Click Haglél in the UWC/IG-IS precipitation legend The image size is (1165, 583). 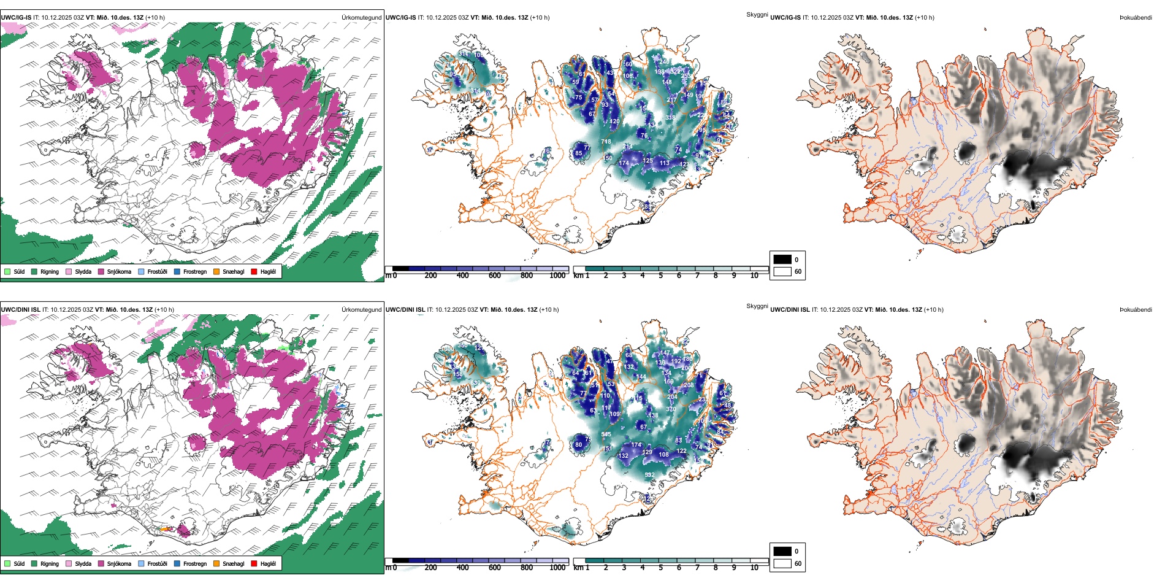268,271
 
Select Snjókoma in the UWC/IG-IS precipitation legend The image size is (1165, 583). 119,271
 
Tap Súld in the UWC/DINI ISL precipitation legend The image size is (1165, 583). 19,563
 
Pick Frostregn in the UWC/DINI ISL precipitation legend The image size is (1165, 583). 195,563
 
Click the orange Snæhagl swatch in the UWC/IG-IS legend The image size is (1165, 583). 216,271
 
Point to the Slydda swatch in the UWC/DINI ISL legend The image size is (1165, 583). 69,563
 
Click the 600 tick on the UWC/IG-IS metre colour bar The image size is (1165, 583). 494,276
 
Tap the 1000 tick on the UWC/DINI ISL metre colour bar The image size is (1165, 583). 557,568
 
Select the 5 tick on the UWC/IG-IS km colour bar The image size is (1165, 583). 660,276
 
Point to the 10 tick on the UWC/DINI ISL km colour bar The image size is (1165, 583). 754,568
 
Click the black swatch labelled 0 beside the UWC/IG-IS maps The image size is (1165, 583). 782,260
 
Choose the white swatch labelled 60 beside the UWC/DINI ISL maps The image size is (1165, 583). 782,563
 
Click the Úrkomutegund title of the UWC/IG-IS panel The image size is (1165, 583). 361,18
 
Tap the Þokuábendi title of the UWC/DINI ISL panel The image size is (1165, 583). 1136,310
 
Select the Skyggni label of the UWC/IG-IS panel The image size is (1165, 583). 757,14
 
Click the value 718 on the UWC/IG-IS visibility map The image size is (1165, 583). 606,142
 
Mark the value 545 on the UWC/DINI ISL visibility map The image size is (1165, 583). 606,434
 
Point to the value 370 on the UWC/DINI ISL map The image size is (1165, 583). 671,409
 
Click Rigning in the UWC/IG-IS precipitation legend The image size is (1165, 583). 50,271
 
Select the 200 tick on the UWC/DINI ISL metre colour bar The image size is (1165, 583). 430,568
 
